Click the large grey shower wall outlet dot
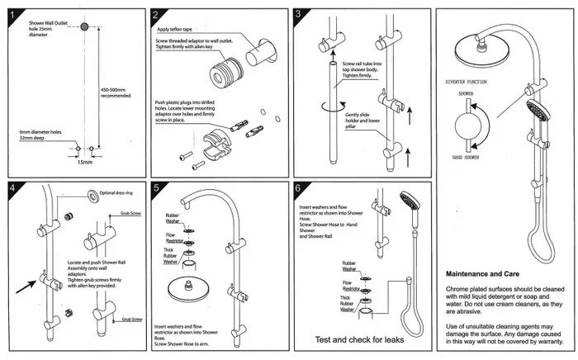(84, 29)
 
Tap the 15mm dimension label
(85, 162)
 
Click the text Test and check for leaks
(358, 339)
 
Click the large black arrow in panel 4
(33, 286)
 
